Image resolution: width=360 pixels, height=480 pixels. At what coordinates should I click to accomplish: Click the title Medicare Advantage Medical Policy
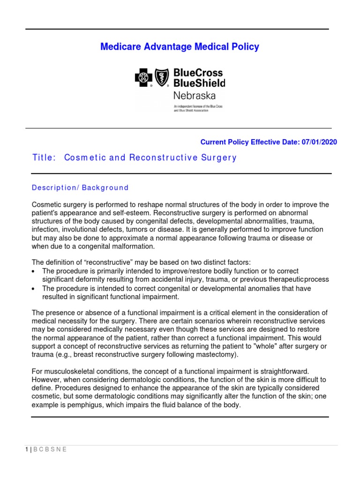tap(180, 47)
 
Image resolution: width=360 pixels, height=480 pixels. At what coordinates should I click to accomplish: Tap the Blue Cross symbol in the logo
tap(143, 78)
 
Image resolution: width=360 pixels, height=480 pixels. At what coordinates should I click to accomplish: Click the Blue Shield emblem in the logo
tap(162, 78)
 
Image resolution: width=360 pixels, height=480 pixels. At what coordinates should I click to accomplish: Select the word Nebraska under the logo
tap(195, 96)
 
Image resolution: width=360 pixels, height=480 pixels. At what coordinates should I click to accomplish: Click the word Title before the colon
tap(43, 157)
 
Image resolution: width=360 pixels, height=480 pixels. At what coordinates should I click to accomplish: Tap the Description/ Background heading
tap(80, 187)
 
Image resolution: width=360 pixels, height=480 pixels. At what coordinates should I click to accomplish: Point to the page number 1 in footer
tap(27, 450)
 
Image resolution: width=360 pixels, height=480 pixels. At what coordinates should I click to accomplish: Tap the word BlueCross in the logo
tap(198, 73)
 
